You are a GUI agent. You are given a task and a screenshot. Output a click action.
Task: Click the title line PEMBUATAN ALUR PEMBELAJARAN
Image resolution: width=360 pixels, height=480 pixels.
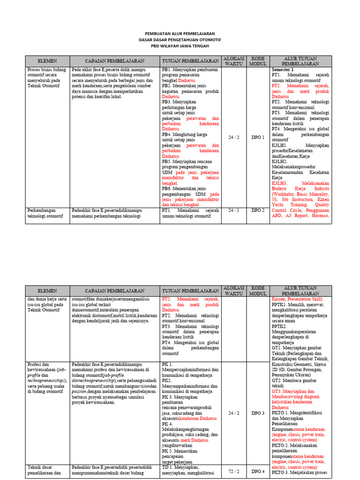pos(180,34)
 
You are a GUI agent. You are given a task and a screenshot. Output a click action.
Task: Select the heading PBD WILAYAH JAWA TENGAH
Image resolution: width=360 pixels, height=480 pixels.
pos(180,46)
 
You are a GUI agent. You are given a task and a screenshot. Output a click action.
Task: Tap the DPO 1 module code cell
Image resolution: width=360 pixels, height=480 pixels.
pos(257,137)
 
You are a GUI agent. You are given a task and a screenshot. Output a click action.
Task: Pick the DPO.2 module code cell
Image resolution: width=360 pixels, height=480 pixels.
pos(257,210)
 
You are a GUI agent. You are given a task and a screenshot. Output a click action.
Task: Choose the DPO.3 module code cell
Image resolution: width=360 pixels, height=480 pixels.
pos(257,413)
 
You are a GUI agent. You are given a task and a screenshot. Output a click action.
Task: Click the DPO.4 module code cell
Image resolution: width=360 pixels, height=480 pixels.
pos(257,471)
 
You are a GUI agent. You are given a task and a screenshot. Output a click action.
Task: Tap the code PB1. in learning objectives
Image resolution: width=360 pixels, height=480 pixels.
pos(166,69)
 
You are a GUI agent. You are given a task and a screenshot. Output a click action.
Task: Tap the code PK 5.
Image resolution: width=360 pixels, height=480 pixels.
pos(167,441)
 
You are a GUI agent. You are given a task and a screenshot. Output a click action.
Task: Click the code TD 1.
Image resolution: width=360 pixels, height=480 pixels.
pos(168,467)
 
